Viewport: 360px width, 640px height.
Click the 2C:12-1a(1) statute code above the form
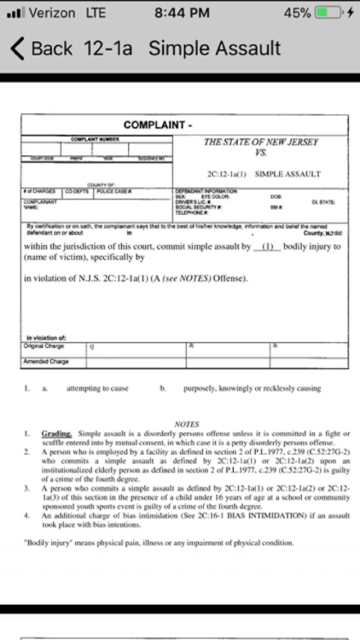[224, 173]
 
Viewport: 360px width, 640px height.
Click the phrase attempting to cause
[97, 388]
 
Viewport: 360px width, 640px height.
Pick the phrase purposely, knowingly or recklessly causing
[241, 388]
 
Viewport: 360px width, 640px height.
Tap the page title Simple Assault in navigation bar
[215, 49]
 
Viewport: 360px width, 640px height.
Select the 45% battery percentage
[297, 14]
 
